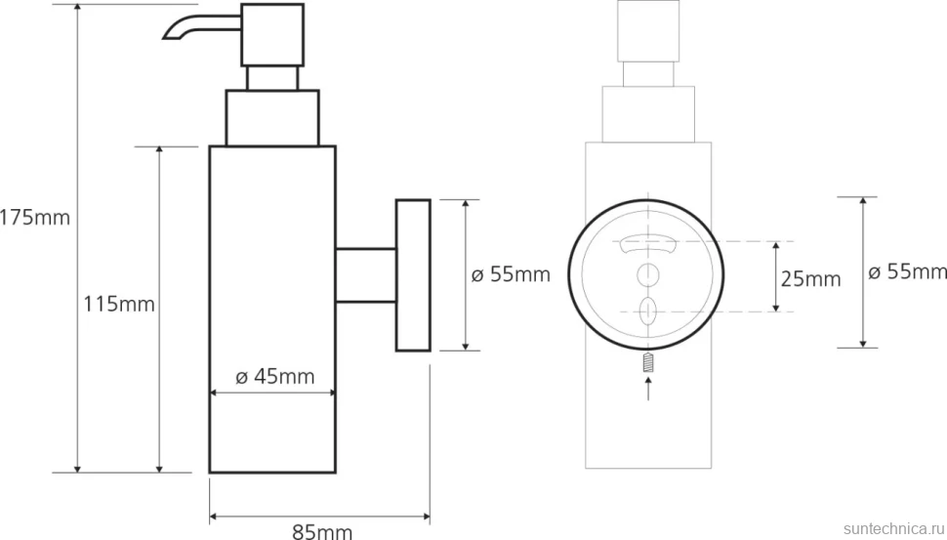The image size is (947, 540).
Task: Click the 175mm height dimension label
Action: tap(34, 217)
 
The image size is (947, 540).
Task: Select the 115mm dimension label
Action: tap(119, 304)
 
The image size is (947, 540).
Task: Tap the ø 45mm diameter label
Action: tap(274, 377)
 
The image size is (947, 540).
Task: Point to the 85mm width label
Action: tap(322, 531)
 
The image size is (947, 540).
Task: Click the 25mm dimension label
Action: tap(810, 279)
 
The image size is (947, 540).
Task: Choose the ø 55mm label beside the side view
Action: tap(511, 274)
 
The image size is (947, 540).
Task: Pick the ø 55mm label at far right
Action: tap(907, 271)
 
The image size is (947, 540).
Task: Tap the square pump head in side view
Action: tap(272, 35)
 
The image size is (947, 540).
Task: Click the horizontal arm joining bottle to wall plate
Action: tap(366, 274)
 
